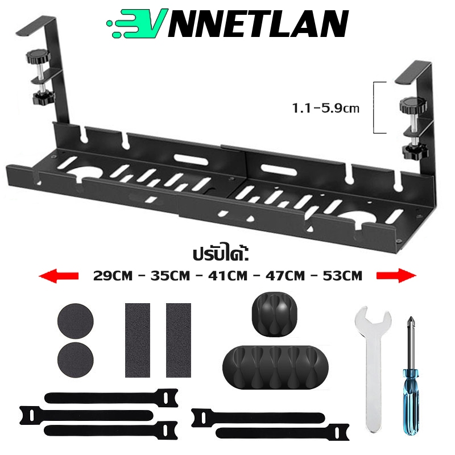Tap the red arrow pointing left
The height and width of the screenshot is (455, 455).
58,276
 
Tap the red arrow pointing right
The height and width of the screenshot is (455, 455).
396,276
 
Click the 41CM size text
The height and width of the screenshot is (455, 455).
227,276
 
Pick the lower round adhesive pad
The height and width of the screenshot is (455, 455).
74,360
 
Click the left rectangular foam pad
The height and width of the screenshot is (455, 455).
137,340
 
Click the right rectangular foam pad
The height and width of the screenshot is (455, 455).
178,340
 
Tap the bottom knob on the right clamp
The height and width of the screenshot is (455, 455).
409,152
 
